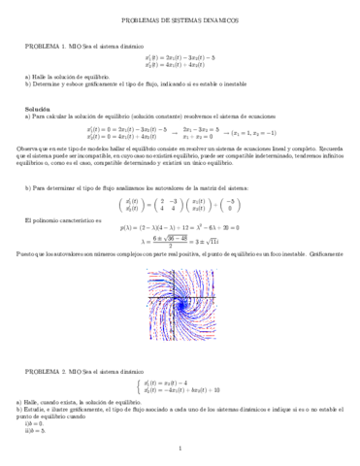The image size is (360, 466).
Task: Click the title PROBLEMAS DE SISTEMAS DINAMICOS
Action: [x=180, y=19]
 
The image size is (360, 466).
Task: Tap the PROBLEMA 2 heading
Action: [x=46, y=373]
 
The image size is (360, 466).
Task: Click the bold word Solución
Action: [x=39, y=112]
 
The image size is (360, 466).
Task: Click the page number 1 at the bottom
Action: [x=180, y=448]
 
